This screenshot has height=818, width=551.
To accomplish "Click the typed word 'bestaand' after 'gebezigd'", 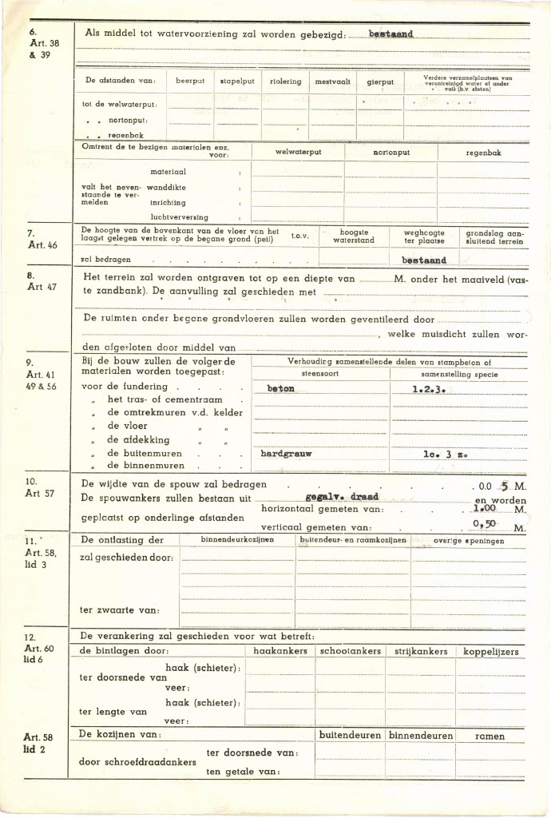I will pos(390,34).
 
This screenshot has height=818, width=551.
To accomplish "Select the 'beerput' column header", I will pos(190,81).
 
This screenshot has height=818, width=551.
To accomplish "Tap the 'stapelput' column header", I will pos(237,81).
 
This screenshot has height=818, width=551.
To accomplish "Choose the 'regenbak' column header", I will pos(484,152).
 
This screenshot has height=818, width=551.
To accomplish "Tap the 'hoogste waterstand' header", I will pos(353,236).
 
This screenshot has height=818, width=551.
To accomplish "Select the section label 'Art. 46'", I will pos(42,245).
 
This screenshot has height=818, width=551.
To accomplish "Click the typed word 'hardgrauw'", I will pos(286,453).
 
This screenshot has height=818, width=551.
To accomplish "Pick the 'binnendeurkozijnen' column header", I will pos(237,541).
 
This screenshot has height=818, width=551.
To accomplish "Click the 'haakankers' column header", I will pos(279,652).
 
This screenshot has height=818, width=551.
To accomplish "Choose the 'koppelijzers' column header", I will pos(491,652).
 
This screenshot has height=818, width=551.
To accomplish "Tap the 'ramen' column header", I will pos(490,736).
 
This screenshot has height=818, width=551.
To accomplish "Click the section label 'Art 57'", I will pos(40,493).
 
